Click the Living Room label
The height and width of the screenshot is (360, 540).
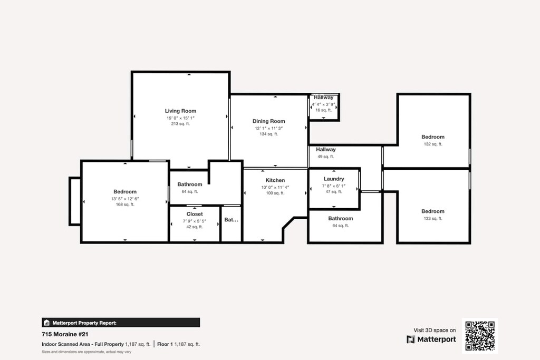tap(180, 111)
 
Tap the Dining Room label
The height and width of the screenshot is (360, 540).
tap(268, 121)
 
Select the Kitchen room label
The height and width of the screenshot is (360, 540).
tap(275, 180)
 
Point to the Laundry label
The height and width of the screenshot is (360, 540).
tap(334, 179)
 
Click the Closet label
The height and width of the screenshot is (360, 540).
tap(195, 214)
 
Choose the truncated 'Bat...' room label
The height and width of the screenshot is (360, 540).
tap(231, 220)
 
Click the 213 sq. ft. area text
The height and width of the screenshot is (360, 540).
tap(180, 124)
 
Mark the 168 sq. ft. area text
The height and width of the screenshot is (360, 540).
tap(125, 205)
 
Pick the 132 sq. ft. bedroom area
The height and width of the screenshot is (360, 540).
tap(432, 144)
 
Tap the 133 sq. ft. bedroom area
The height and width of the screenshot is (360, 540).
tap(432, 218)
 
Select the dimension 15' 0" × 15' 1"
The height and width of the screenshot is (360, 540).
tap(180, 118)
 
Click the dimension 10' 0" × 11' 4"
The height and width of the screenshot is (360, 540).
tap(275, 187)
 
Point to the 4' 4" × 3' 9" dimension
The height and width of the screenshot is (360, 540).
tap(323, 104)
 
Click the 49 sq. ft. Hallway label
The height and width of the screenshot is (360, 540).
tap(326, 150)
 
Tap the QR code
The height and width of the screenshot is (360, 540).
tap(479, 336)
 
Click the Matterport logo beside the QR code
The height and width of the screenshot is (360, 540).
tap(431, 339)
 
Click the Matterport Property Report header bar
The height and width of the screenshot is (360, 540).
tap(121, 323)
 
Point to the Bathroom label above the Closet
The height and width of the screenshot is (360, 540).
tap(189, 184)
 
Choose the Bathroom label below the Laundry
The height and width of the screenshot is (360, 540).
tap(340, 218)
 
